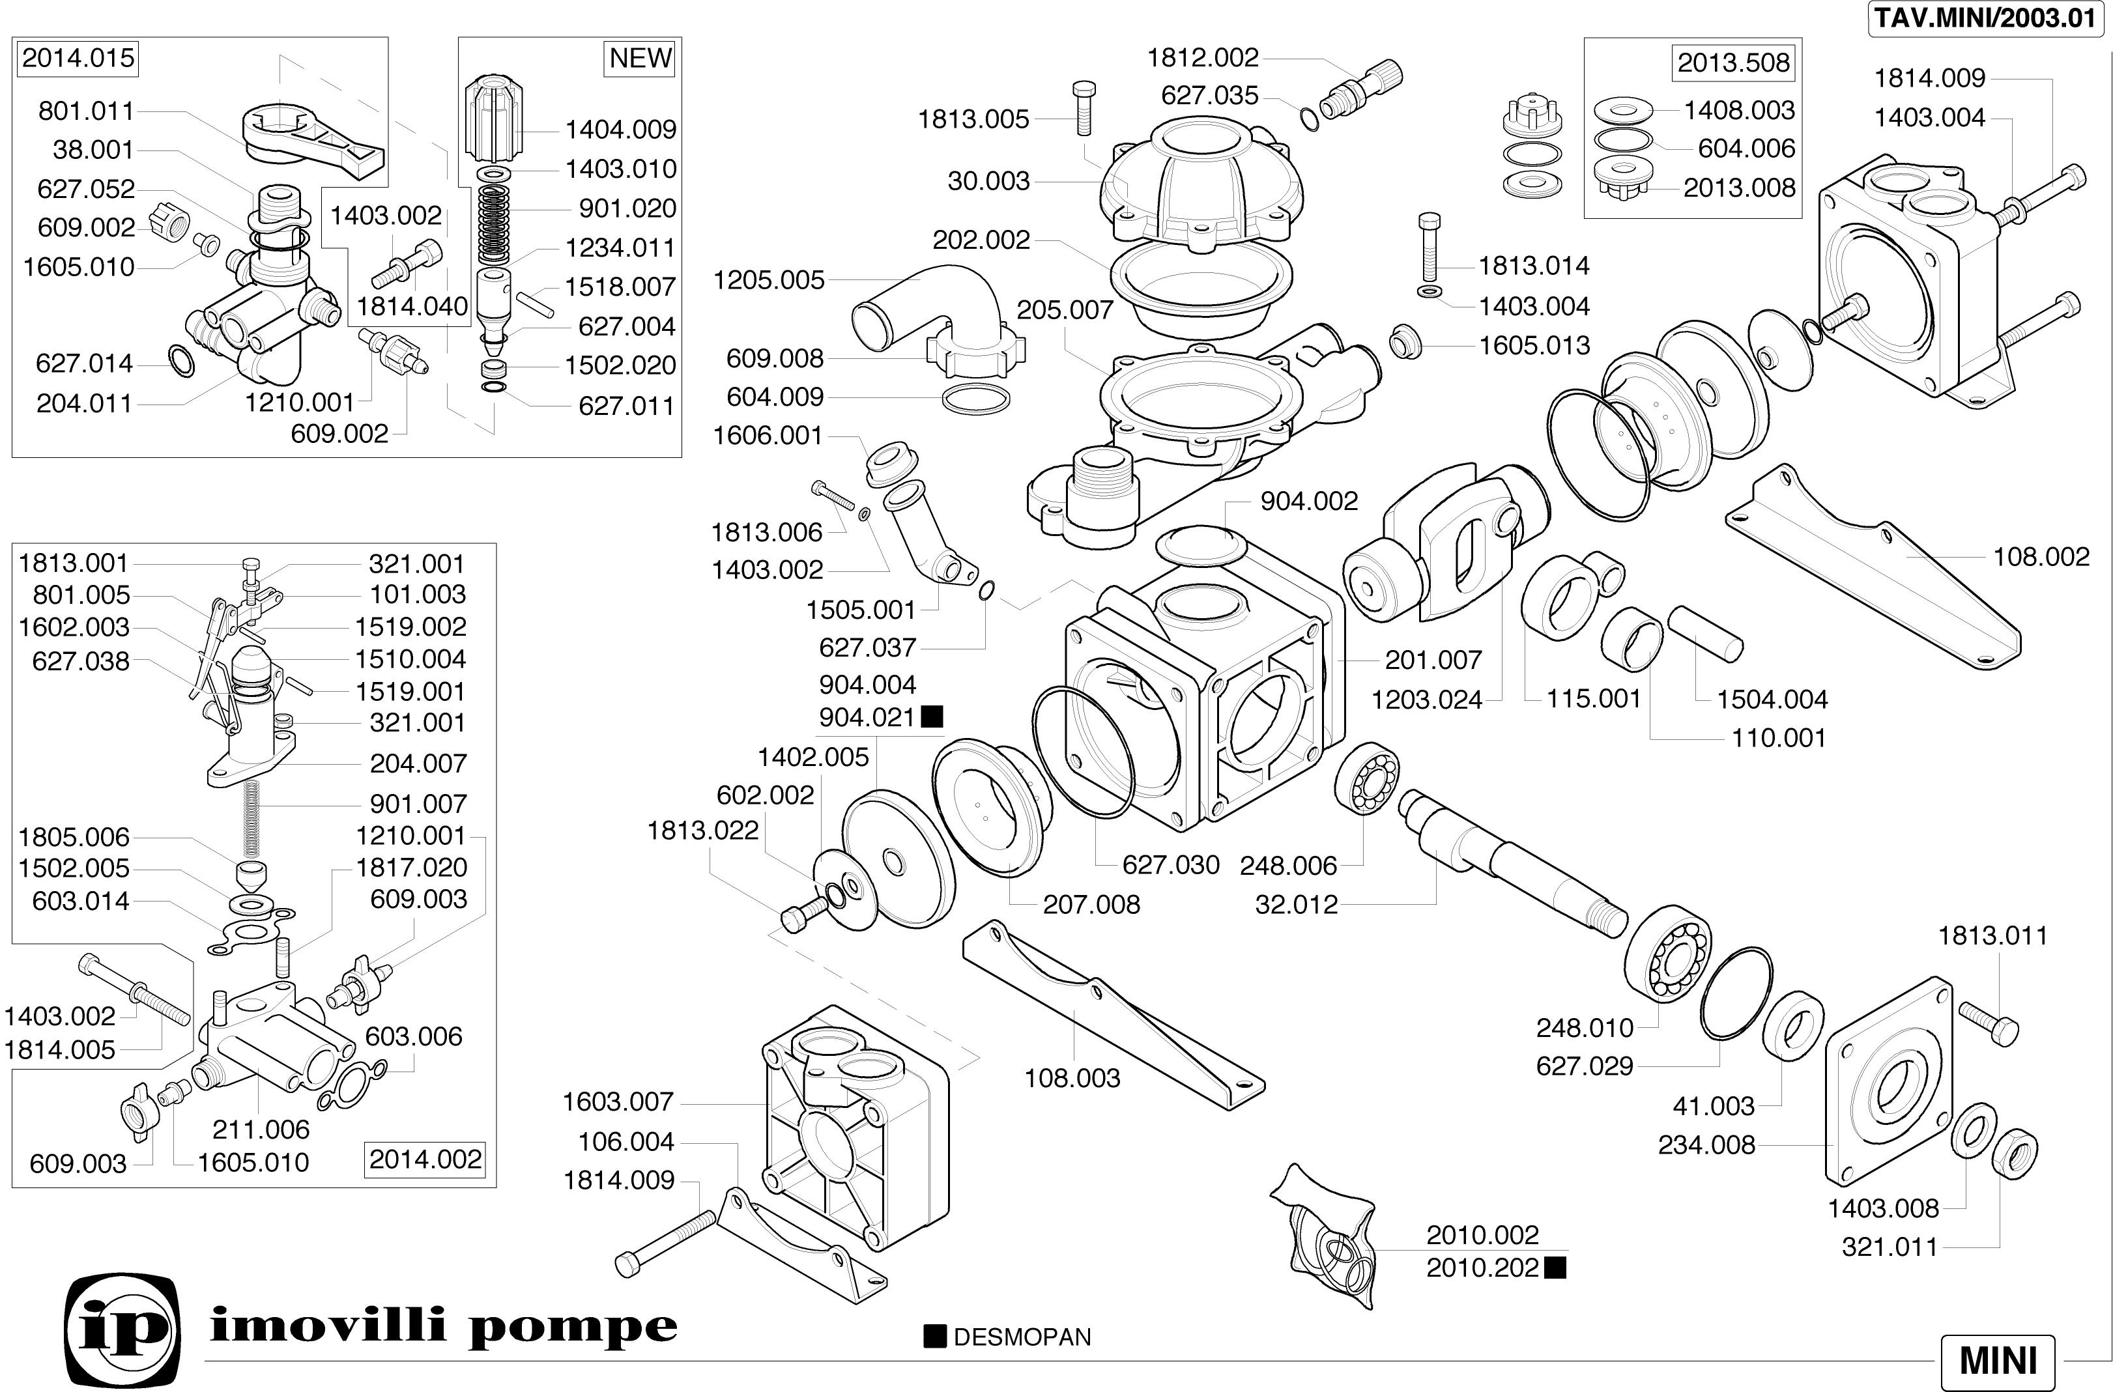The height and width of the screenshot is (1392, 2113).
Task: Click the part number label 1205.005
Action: pyautogui.click(x=769, y=281)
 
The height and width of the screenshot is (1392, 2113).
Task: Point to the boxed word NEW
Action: pyautogui.click(x=640, y=59)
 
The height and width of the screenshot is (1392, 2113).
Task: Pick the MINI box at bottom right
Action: pyautogui.click(x=1998, y=1360)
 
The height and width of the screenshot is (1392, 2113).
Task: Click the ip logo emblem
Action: pyautogui.click(x=123, y=1328)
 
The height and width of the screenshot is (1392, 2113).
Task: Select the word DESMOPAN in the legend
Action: pyautogui.click(x=1022, y=1337)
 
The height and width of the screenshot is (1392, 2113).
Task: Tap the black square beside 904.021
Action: pyautogui.click(x=932, y=717)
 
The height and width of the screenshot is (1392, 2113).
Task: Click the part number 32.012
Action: pyautogui.click(x=1296, y=905)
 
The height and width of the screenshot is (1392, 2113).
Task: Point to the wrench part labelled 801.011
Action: pyautogui.click(x=311, y=137)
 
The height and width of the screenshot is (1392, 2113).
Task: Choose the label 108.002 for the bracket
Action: pyautogui.click(x=2041, y=557)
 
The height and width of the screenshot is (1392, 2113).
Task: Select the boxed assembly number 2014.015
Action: pyautogui.click(x=78, y=59)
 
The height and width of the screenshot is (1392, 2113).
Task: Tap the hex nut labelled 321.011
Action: pyautogui.click(x=2015, y=1155)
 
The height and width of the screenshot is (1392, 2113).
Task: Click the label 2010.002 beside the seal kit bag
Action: pyautogui.click(x=1482, y=1235)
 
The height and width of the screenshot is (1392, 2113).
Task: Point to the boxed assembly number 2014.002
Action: pyautogui.click(x=425, y=1159)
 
